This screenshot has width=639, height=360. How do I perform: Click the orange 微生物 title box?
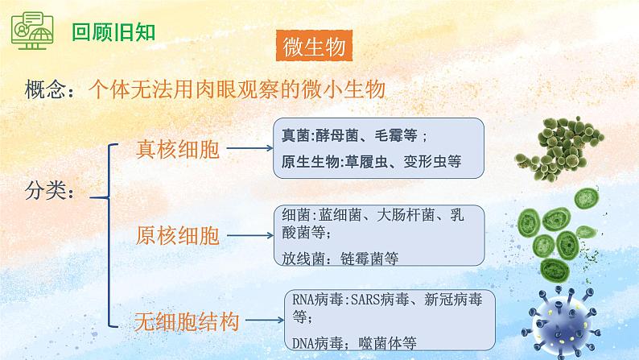[314, 46]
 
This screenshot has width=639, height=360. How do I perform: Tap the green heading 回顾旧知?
[113, 31]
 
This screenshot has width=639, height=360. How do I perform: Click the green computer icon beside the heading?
[32, 31]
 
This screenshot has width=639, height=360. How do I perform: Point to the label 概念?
[44, 89]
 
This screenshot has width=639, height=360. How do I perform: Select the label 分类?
[44, 190]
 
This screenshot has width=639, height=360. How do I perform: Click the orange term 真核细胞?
[177, 149]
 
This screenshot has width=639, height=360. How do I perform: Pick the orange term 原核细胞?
[177, 236]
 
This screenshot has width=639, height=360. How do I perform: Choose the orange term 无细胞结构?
[187, 321]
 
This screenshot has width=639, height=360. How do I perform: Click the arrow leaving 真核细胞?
[249, 148]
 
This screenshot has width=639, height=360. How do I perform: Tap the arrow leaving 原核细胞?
[249, 235]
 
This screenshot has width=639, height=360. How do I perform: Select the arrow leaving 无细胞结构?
[265, 320]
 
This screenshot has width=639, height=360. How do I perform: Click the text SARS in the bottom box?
[365, 300]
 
